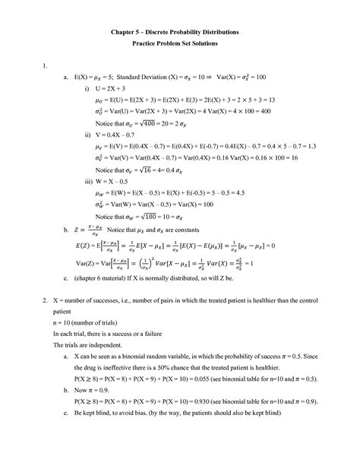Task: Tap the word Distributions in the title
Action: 218,33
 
